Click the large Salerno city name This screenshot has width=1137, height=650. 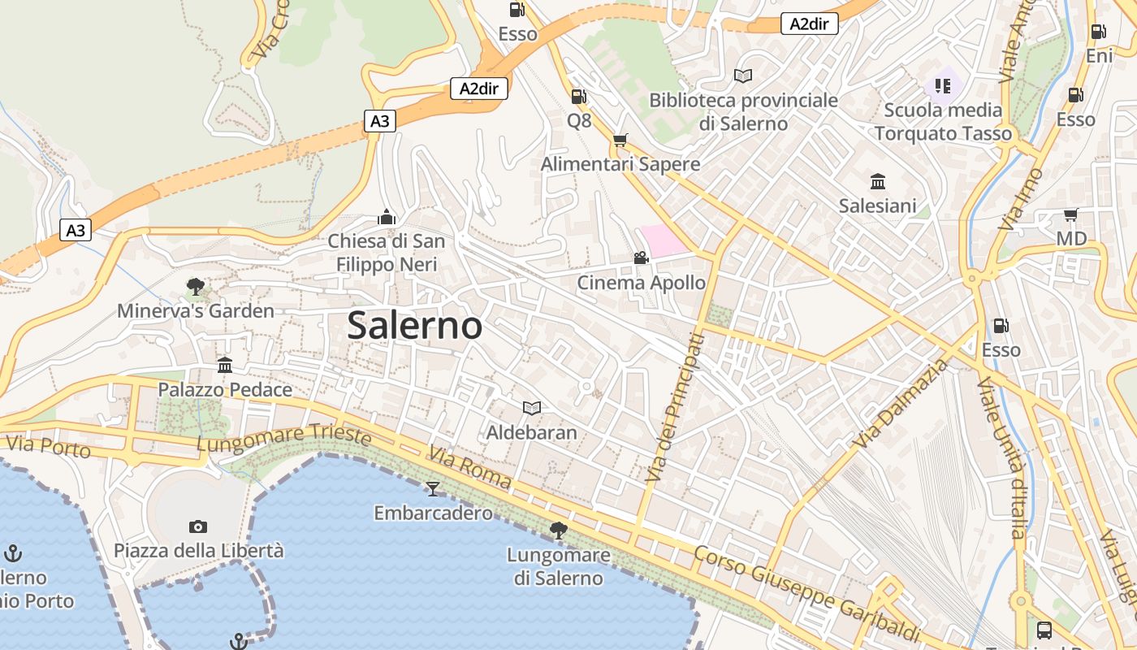click(414, 326)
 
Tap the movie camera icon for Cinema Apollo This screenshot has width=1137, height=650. click(641, 258)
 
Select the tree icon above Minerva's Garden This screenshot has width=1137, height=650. click(195, 286)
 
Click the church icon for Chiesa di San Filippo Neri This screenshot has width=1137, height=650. click(387, 217)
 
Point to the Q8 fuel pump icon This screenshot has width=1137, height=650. click(578, 97)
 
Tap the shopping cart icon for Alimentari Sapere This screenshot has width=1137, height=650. click(620, 141)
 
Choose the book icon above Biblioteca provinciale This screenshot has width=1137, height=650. click(743, 76)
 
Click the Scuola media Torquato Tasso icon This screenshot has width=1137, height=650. click(942, 85)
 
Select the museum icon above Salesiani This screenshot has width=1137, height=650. click(878, 181)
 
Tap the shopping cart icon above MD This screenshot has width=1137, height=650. click(1071, 215)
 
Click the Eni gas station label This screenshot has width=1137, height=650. click(1099, 56)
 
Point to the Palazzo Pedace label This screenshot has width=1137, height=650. click(225, 390)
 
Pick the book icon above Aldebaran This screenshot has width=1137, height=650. click(532, 408)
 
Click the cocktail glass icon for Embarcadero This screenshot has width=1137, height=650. click(433, 488)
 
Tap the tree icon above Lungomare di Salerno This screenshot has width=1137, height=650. click(558, 531)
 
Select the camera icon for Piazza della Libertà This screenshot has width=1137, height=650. click(198, 526)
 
